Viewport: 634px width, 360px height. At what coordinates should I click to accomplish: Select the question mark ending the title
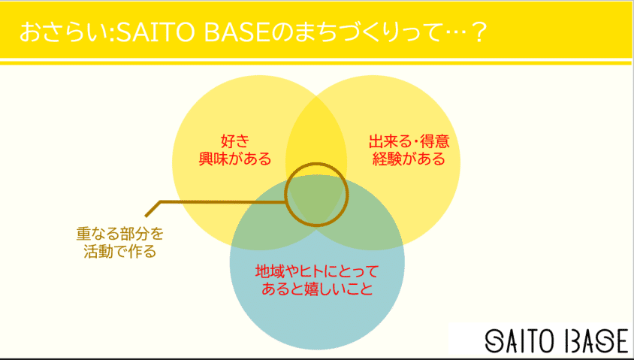[475, 33]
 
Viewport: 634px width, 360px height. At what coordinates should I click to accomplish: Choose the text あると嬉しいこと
[316, 289]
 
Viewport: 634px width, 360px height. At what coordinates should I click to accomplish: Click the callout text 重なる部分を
[119, 234]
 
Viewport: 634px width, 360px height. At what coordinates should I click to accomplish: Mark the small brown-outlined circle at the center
[315, 193]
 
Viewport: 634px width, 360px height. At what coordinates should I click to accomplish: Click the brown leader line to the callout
[218, 201]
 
